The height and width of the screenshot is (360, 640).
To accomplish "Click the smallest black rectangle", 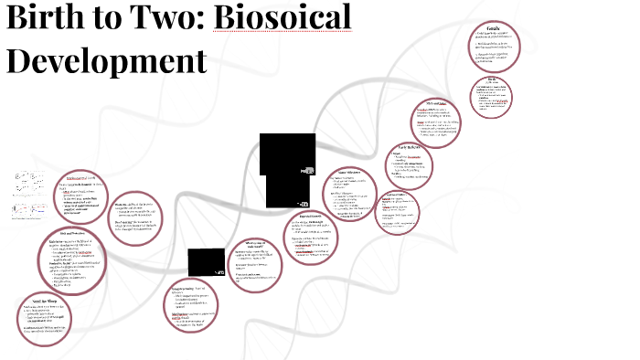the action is tap(205, 262).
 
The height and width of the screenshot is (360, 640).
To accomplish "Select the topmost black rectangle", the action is tap(287, 154).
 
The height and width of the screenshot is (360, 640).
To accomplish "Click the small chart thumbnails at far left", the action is tap(27, 196).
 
